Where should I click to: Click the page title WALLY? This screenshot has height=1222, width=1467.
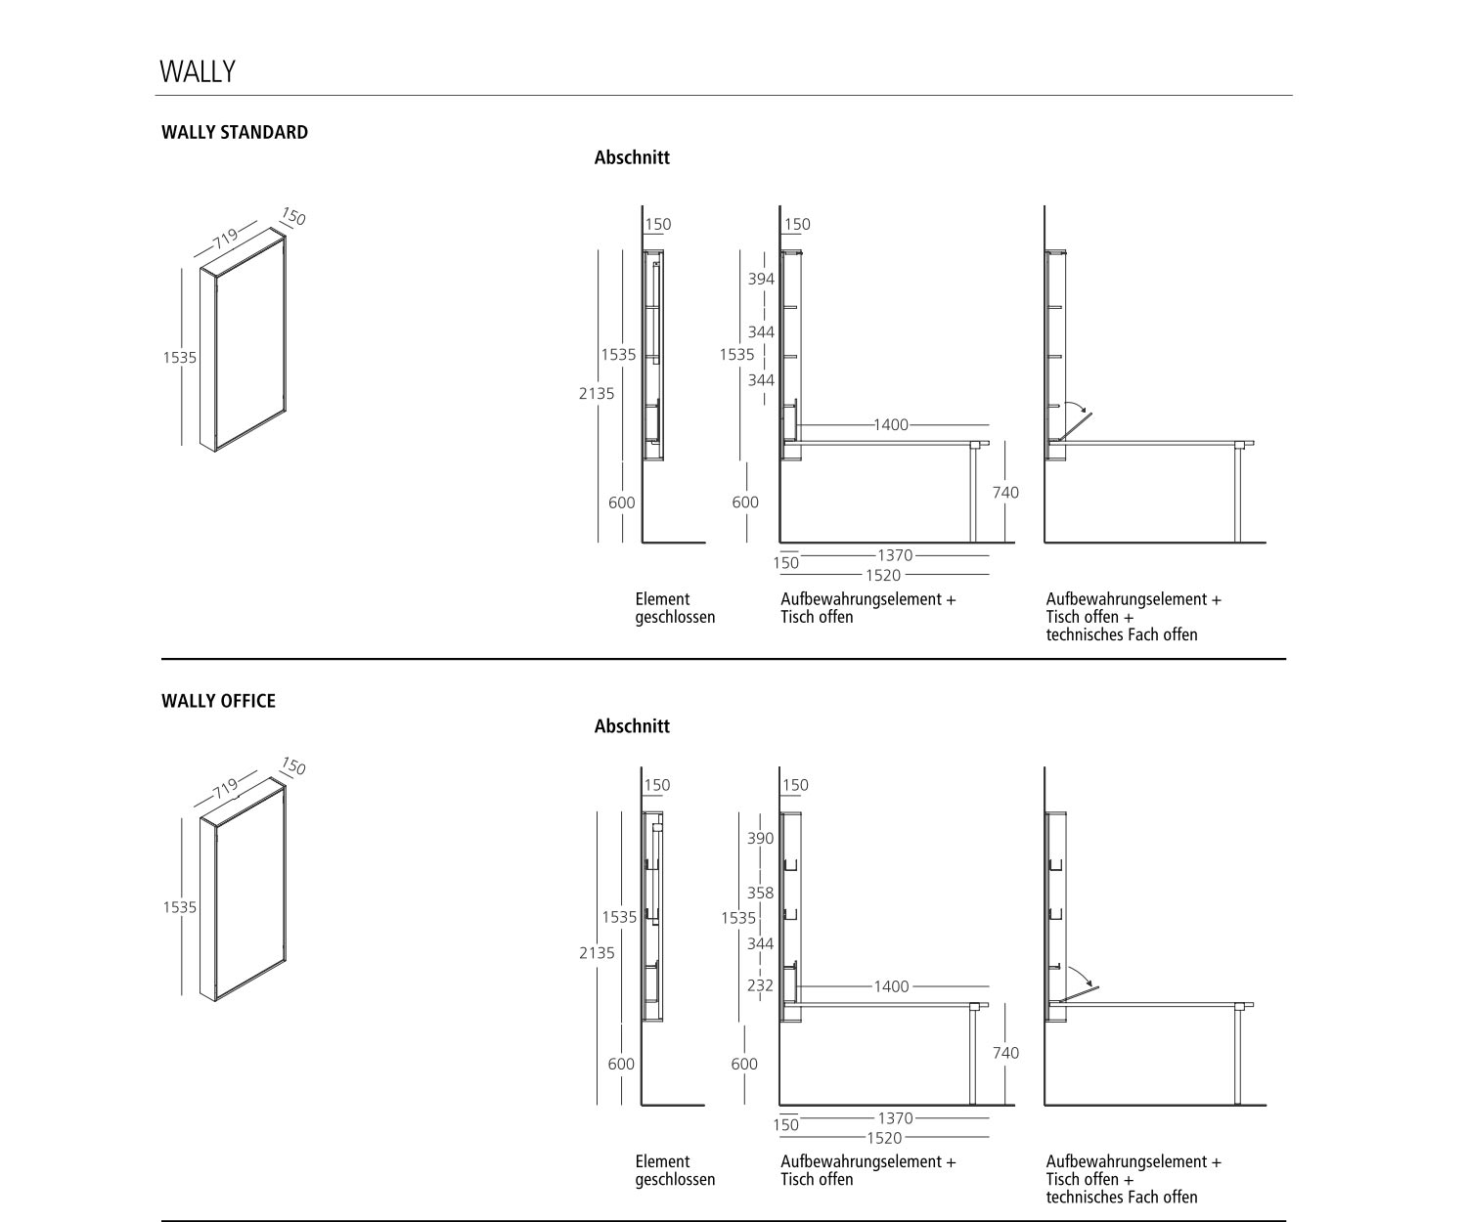click(198, 71)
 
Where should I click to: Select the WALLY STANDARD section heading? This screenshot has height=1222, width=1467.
click(235, 132)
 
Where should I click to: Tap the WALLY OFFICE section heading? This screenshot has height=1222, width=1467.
click(218, 701)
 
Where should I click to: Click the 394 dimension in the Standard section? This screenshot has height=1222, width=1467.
click(761, 279)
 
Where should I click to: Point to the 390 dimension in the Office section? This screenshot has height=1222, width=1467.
click(760, 838)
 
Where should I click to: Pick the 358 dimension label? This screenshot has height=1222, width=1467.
click(760, 893)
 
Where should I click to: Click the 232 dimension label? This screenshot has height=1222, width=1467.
click(760, 985)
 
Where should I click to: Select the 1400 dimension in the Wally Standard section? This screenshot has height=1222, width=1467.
click(890, 424)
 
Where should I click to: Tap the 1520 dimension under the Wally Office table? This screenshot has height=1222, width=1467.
click(883, 1138)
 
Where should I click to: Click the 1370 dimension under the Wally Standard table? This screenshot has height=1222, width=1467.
click(894, 555)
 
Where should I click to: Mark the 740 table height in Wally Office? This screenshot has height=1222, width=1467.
click(1005, 1053)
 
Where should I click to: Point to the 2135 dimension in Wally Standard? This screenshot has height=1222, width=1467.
click(597, 393)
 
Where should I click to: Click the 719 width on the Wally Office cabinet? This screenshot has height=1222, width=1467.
click(225, 786)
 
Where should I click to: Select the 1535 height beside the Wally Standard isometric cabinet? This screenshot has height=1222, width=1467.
click(180, 358)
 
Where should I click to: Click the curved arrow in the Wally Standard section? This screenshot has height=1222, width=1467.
click(1075, 408)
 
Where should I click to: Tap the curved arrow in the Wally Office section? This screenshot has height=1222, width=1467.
click(1079, 974)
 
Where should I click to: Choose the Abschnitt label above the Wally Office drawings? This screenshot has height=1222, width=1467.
click(632, 726)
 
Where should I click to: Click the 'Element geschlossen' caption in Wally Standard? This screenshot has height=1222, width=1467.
click(675, 608)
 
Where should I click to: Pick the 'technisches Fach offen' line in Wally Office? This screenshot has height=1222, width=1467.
click(1122, 1197)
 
